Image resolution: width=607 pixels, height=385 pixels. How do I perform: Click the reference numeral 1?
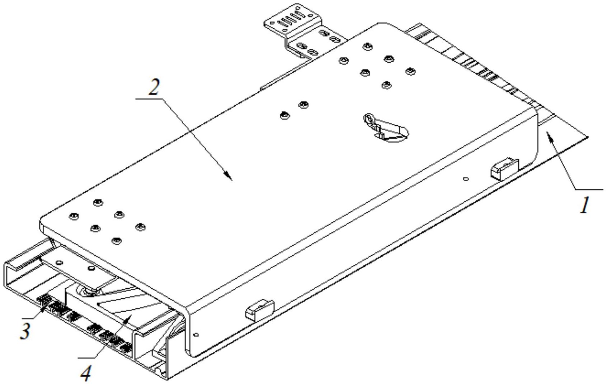585,205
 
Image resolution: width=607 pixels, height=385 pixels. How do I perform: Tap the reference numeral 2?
154,87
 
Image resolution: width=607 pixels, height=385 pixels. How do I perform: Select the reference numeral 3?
25,331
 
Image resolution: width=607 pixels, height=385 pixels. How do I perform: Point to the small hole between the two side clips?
465,179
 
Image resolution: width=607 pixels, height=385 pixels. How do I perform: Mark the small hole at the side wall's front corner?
196,335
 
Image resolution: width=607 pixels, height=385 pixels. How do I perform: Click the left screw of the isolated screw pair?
284,115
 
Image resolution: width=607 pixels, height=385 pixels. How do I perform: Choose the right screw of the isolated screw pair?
303,105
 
